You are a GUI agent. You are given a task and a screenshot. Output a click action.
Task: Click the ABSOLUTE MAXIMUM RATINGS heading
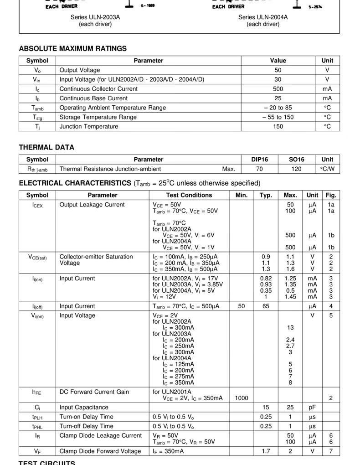point(73,49)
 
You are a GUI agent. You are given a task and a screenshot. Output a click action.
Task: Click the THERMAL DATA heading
point(46,147)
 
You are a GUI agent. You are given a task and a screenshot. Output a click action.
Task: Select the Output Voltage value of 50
point(278,70)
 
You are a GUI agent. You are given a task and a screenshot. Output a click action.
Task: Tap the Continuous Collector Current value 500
point(278,89)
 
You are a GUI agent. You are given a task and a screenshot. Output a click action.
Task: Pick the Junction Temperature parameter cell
point(89,126)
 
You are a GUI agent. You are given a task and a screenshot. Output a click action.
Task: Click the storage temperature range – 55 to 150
point(278,117)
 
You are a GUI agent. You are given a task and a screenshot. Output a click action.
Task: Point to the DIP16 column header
point(260,160)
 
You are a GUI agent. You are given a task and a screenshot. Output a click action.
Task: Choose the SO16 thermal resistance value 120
point(296,169)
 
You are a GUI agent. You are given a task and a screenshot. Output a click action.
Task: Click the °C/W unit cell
point(327,169)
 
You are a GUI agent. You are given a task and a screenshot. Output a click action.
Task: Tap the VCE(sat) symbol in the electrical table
point(37,257)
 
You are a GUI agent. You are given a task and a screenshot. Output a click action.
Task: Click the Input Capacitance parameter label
point(84,408)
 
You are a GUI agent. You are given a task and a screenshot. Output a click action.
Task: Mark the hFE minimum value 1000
point(242,398)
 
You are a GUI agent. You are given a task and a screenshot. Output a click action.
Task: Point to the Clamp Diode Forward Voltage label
point(100,451)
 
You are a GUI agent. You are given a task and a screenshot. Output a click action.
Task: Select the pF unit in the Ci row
point(312,408)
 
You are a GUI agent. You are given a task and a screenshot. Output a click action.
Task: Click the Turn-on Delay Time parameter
point(87,417)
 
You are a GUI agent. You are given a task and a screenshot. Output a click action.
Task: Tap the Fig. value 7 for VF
point(331,451)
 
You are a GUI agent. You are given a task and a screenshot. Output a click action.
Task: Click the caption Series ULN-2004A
point(263,18)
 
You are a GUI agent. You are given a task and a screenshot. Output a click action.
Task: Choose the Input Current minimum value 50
point(242,306)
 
